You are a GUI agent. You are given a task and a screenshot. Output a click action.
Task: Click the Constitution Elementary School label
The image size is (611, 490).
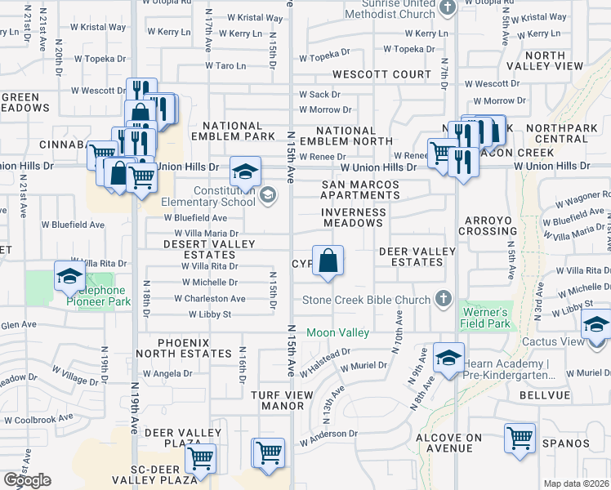coord(207,196)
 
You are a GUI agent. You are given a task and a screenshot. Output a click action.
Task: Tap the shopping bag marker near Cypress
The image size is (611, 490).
coord(328,261)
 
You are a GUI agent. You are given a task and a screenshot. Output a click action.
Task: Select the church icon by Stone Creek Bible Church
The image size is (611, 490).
coord(444,298)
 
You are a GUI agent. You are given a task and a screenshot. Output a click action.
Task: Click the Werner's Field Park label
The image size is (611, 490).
coord(487,318)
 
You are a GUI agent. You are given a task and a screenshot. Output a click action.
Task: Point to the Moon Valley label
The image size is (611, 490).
coord(338,333)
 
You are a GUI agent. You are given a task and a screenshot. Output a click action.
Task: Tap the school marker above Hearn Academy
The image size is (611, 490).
coord(448,358)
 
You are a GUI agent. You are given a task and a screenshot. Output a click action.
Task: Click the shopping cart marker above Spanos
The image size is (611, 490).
coord(520,438)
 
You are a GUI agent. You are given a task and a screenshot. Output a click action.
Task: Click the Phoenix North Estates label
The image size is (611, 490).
coord(194,348)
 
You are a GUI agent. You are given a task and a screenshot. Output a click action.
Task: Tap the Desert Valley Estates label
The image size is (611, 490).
coord(209,249)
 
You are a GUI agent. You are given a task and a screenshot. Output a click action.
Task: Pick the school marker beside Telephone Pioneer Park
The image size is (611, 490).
coord(69,276)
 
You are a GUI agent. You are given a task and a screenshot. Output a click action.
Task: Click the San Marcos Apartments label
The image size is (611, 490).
coord(359,189)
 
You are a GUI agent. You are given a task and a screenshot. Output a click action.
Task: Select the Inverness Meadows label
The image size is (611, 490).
coord(354,217)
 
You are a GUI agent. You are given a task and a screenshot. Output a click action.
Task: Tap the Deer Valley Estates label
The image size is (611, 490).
coord(411,256)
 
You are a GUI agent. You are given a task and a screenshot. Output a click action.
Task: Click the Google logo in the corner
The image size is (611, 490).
coord(27,480)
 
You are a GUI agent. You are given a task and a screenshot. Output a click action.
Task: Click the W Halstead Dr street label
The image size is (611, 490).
coord(324,362)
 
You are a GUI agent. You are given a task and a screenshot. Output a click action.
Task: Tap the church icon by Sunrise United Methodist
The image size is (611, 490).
coord(447,8)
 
